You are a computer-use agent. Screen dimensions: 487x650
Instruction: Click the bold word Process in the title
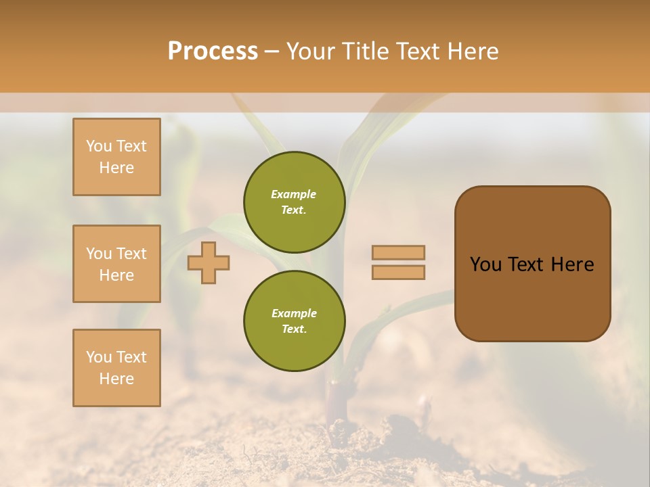pos(213,51)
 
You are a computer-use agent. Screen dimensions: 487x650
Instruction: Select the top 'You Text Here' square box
pos(116,157)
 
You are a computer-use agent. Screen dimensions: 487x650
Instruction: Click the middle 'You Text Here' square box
pos(116,264)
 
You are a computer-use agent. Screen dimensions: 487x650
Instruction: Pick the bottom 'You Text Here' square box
pos(116,368)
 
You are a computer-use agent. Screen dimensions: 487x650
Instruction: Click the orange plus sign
pos(209,262)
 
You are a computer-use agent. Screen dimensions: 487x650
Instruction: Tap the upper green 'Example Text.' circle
pos(295,202)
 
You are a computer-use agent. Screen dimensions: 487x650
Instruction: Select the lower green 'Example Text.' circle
pos(295,321)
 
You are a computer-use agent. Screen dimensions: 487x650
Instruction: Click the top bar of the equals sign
pos(398,252)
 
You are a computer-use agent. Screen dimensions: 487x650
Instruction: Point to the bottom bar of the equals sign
pos(398,272)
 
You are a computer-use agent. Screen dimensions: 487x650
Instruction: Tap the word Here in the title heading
pos(470,51)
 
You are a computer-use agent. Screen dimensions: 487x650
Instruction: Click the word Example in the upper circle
pos(294,194)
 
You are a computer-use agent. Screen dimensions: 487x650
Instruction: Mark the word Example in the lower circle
pos(294,313)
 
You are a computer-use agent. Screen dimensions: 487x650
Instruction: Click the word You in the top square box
pos(98,146)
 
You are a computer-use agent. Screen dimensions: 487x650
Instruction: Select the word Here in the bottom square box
pos(116,379)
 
